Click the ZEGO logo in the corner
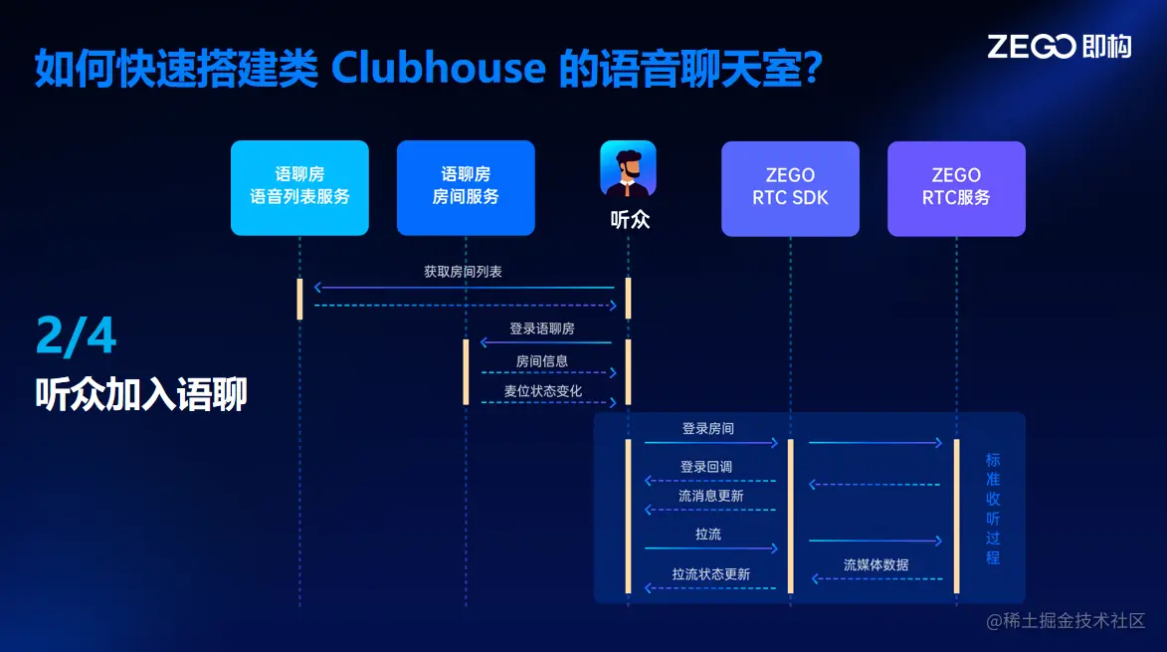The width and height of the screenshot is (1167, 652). pos(1059,46)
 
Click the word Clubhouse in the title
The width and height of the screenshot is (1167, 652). pos(438,67)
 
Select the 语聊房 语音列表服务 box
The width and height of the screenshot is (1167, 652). pos(299,187)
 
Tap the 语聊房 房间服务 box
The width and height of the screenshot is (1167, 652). pos(466,187)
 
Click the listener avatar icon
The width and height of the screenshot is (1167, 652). pos(628,168)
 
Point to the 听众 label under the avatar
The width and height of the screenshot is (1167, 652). pos(629,219)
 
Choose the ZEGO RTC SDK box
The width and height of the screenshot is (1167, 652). pos(790,187)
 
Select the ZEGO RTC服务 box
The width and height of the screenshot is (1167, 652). pos(956,187)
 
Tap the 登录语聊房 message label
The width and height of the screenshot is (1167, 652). pos(542,327)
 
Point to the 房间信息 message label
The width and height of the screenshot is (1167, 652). pos(542,360)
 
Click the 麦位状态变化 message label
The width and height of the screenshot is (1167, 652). pos(542,391)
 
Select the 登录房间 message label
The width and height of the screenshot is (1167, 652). pos(708,428)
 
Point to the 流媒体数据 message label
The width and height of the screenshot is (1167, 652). pos(875,564)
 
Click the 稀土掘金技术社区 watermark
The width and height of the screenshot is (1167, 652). pos(1066,621)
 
